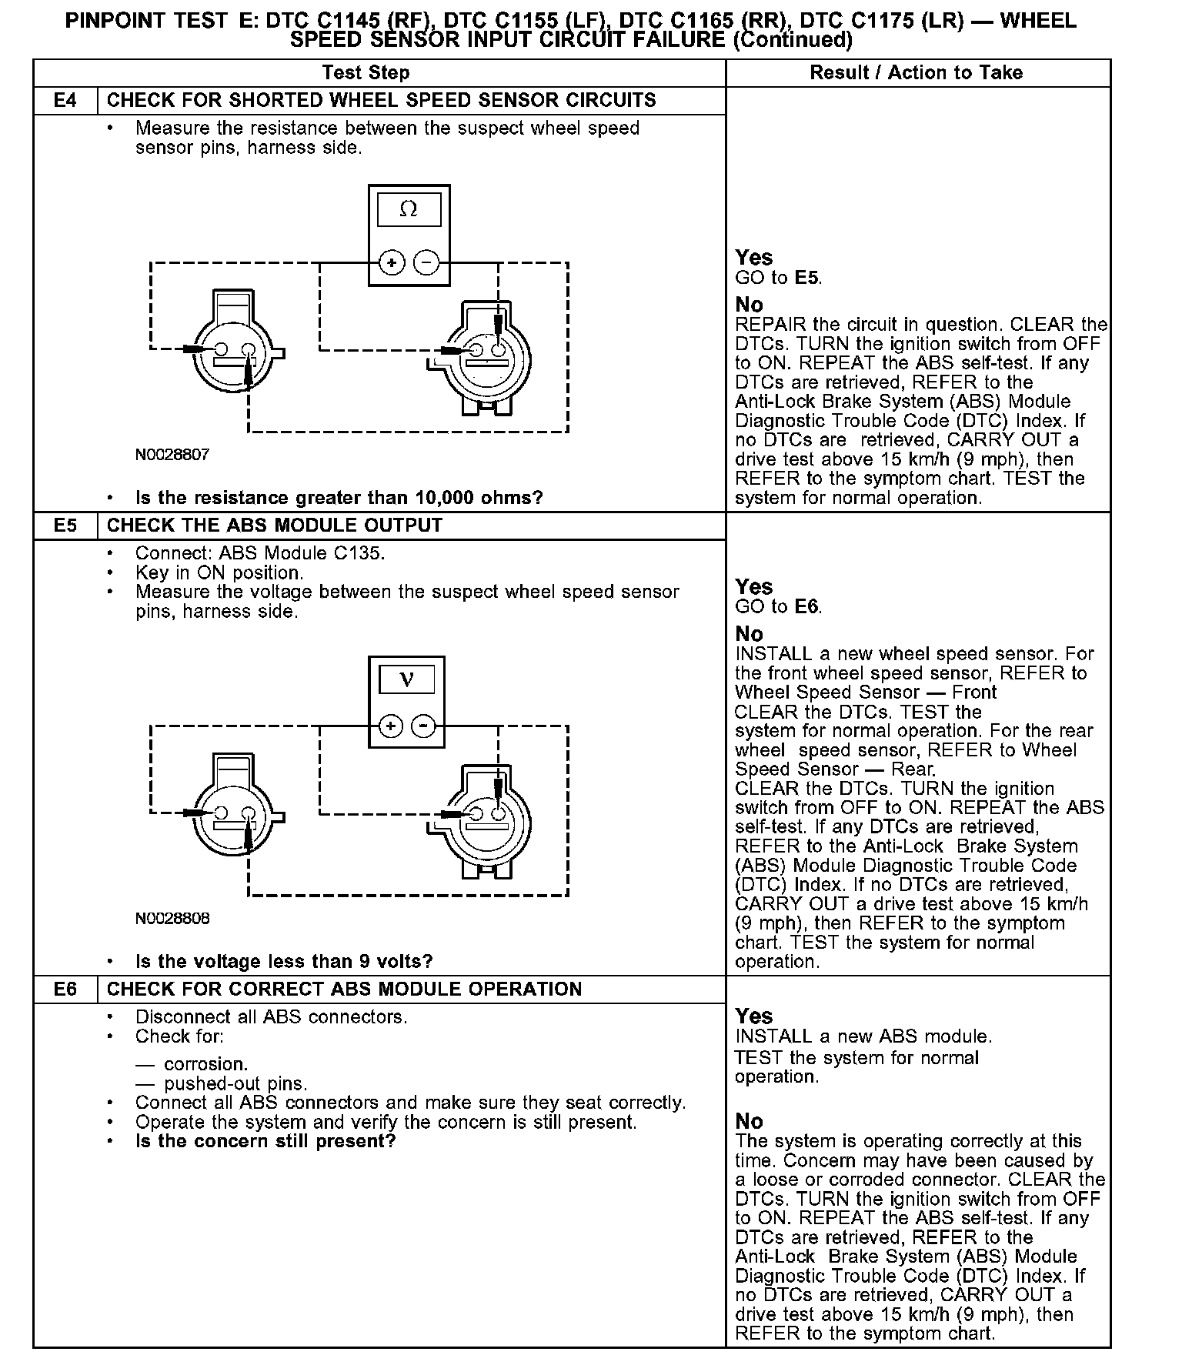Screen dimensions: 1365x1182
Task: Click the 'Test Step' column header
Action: click(x=366, y=73)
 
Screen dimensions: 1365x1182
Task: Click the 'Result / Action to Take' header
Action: click(x=916, y=73)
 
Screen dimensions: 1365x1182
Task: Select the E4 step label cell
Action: click(x=65, y=101)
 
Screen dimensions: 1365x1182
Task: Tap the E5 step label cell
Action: click(x=65, y=526)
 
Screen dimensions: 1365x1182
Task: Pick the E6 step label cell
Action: click(x=65, y=990)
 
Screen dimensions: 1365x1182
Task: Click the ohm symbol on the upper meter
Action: click(x=409, y=209)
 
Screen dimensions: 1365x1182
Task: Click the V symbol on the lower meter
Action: click(x=407, y=679)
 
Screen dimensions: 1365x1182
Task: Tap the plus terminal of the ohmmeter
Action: click(x=392, y=263)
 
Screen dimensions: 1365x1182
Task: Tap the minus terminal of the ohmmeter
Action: click(x=426, y=263)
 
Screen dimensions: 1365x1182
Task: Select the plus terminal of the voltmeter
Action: click(x=391, y=726)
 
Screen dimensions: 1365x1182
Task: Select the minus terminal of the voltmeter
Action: click(x=423, y=726)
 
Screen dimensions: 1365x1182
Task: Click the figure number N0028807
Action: click(x=172, y=455)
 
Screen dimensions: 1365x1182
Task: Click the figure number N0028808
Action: click(x=172, y=919)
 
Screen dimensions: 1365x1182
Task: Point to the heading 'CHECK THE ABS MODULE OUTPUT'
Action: click(x=275, y=526)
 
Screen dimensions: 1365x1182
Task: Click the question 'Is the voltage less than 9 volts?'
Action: click(x=284, y=962)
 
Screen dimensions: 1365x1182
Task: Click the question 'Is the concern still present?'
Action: click(x=265, y=1141)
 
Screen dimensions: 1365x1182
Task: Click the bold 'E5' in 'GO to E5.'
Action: click(x=807, y=278)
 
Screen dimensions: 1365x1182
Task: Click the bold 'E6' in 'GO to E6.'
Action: click(x=807, y=607)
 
